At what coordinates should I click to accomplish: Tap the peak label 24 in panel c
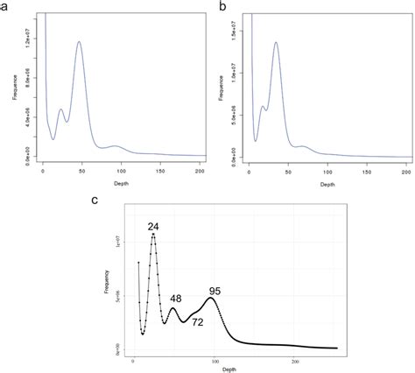click(x=153, y=227)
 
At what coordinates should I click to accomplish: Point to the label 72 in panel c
click(x=198, y=322)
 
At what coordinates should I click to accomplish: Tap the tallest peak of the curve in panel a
click(x=80, y=41)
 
